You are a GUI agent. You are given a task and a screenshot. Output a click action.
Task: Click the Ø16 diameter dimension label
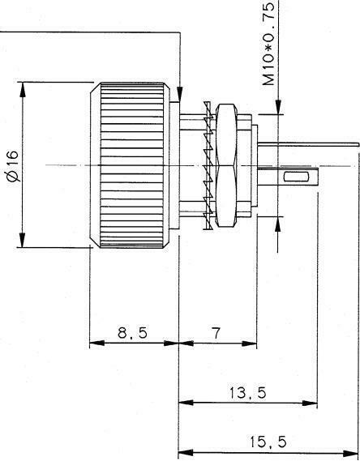click(14, 166)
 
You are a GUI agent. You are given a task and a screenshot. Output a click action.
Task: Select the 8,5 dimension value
click(132, 333)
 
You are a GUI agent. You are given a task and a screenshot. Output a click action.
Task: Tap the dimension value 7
click(216, 333)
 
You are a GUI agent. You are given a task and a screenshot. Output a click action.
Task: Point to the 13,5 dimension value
click(247, 393)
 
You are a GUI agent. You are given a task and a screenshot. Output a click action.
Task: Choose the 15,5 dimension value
click(268, 442)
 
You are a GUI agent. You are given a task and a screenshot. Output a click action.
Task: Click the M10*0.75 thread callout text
click(268, 44)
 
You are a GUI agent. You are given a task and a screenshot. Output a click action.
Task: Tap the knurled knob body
click(130, 165)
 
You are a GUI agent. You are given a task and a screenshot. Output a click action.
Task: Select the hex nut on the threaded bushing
click(226, 165)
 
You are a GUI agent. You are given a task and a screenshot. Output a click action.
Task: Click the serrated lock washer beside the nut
click(208, 165)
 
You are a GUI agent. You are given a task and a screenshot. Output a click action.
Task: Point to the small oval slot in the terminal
click(296, 177)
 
